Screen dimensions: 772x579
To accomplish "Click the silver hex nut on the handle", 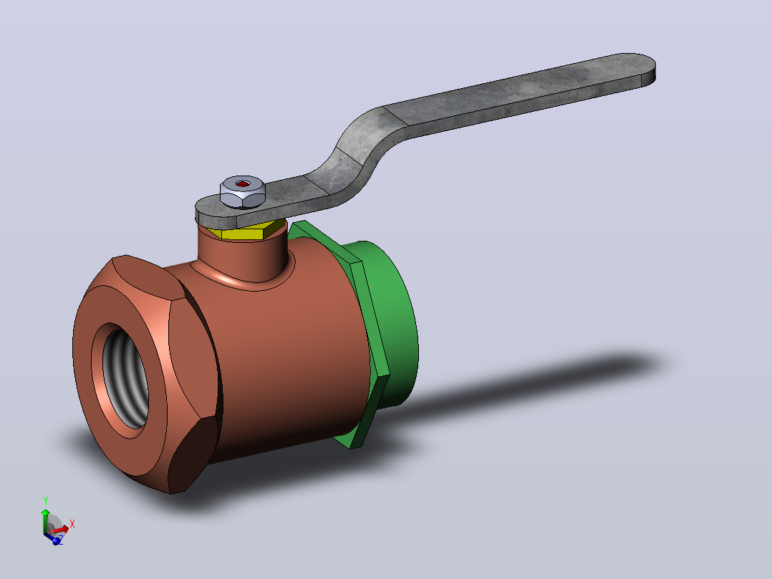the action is click(x=242, y=191).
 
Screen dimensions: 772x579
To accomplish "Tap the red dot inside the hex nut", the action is click(x=242, y=183).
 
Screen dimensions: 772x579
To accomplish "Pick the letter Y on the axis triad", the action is click(x=46, y=501).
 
